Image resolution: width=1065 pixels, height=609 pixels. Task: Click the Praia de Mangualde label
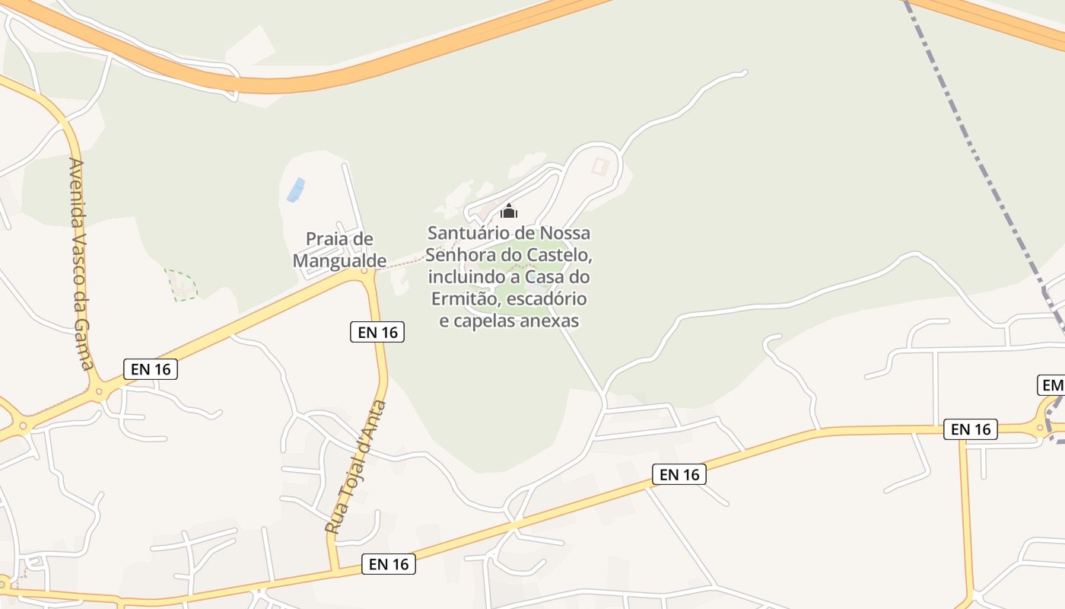339,250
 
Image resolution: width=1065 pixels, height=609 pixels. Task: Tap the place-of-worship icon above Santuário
509,211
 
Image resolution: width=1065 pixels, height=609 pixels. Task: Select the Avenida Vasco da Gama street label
80,263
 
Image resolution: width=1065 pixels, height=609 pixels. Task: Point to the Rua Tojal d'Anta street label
356,466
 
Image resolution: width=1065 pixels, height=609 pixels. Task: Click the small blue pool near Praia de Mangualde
295,190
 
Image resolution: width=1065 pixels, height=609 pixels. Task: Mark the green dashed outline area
181,284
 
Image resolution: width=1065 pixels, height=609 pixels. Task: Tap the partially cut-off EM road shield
1052,385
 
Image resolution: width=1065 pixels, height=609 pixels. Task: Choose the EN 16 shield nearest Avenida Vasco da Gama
151,369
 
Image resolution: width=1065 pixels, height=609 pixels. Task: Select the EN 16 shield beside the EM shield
971,429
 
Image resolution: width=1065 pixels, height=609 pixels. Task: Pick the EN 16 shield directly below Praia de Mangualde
377,332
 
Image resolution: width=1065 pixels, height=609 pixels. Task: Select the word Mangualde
339,260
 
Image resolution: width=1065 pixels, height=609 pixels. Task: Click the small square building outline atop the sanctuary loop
600,165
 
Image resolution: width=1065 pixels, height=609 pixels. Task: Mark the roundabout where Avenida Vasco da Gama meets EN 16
98,392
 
